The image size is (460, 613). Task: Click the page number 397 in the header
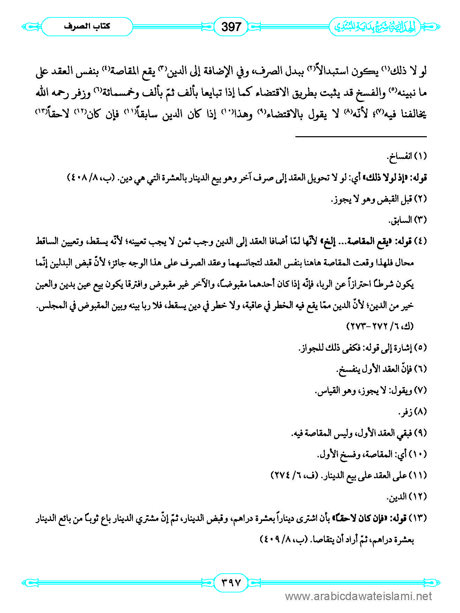pyautogui.click(x=231, y=26)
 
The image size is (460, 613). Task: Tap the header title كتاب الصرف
pyautogui.click(x=87, y=26)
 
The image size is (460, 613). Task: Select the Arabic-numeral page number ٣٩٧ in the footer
pyautogui.click(x=231, y=582)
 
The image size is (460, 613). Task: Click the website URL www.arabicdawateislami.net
pyautogui.click(x=359, y=596)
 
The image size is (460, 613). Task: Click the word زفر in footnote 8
pyautogui.click(x=405, y=412)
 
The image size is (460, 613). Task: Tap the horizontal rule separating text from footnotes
pyautogui.click(x=361, y=137)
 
